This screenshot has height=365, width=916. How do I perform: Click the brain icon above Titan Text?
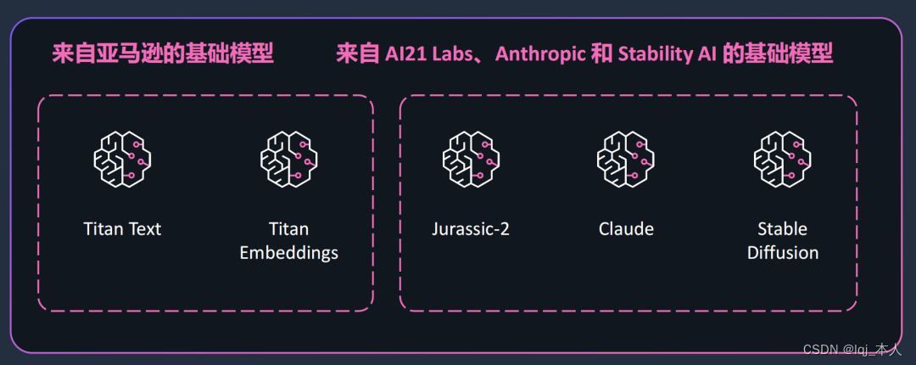pos(122,159)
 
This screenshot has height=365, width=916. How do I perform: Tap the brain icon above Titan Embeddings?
pos(288,159)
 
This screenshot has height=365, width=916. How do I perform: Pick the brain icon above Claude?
pos(626,159)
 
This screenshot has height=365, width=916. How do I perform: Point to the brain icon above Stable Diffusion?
pos(782,159)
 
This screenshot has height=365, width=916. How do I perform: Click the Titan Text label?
pos(122,229)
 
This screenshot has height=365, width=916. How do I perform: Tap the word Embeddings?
pos(288,253)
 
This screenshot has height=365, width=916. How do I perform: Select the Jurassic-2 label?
pos(471,229)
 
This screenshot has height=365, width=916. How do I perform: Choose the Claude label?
pos(626,229)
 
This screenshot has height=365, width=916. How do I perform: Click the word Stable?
pos(782,229)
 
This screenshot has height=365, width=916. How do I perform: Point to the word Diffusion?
pos(782,253)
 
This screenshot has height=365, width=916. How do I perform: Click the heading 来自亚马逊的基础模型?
pos(163,54)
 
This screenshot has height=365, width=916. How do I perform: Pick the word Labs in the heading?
pos(453,54)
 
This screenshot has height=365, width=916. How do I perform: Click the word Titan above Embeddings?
pos(288,229)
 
